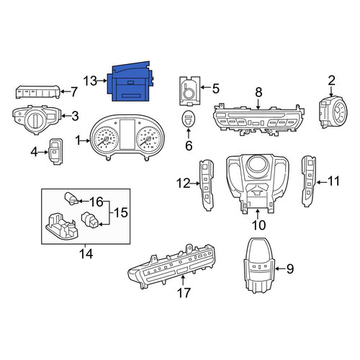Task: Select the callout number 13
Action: [90, 81]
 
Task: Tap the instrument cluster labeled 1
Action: [127, 137]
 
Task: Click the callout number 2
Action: [331, 81]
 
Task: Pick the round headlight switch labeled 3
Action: [37, 119]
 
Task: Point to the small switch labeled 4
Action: [56, 151]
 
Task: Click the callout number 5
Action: [216, 89]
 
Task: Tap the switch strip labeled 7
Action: [38, 91]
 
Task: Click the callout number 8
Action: [258, 92]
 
